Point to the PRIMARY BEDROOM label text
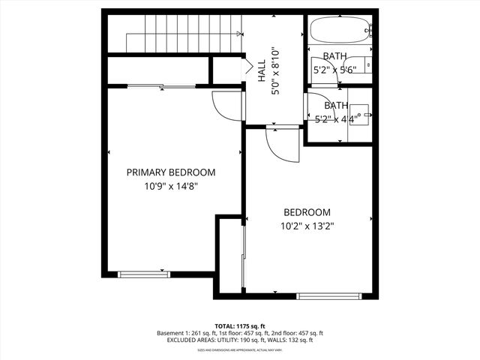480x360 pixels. (x=170, y=172)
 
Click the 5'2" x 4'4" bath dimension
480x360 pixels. (x=335, y=118)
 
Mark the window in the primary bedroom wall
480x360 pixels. (x=140, y=274)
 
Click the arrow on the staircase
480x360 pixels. (x=238, y=33)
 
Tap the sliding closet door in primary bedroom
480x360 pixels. (x=161, y=87)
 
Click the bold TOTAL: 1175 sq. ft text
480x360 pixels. (x=240, y=325)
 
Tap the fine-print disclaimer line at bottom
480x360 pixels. (x=240, y=349)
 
